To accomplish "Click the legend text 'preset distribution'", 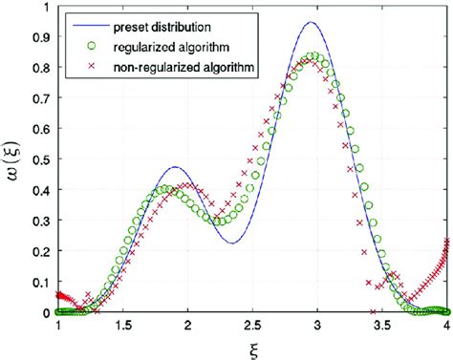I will (x=154, y=20).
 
